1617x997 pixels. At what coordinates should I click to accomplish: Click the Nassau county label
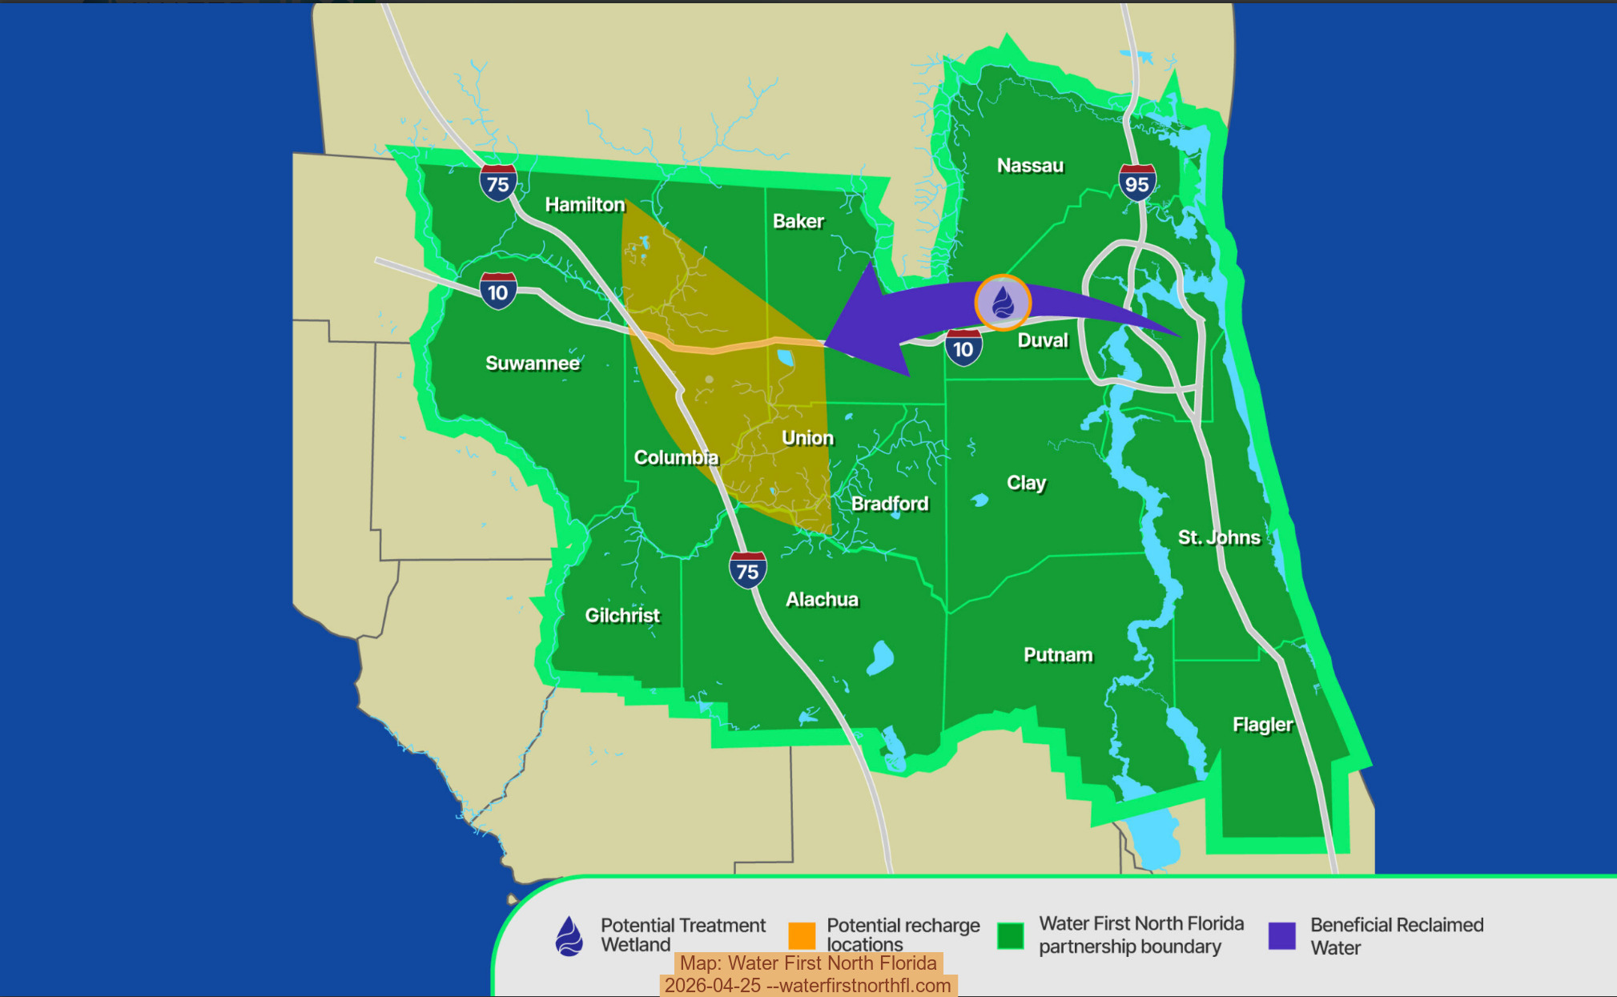(x=1030, y=166)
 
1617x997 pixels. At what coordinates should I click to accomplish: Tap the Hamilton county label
(x=585, y=205)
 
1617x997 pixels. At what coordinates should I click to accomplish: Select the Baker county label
(x=798, y=222)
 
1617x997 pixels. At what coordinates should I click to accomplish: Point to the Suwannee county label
(x=533, y=364)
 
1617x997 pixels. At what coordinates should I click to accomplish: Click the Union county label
(x=807, y=438)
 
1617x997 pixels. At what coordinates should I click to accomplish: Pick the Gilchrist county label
(x=622, y=616)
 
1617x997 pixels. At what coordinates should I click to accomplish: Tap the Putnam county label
(x=1058, y=655)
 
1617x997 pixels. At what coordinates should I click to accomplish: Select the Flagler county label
(x=1262, y=725)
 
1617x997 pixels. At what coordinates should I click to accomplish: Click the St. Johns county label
(x=1219, y=537)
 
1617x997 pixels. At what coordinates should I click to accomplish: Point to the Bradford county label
(x=890, y=504)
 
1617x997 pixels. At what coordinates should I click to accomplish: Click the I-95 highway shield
(x=1136, y=183)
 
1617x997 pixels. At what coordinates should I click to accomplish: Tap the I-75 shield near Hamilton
(x=497, y=183)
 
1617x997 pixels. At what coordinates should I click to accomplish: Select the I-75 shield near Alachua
(x=747, y=571)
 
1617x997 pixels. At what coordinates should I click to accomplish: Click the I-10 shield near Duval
(x=963, y=348)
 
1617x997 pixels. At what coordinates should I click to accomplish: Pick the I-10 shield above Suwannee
(x=497, y=291)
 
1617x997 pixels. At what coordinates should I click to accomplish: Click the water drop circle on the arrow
(x=1003, y=303)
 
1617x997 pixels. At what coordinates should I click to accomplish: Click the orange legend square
(x=802, y=935)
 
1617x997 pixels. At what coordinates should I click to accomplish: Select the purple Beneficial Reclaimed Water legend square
(x=1281, y=935)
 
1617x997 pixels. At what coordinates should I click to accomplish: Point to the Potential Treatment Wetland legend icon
(x=569, y=935)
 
